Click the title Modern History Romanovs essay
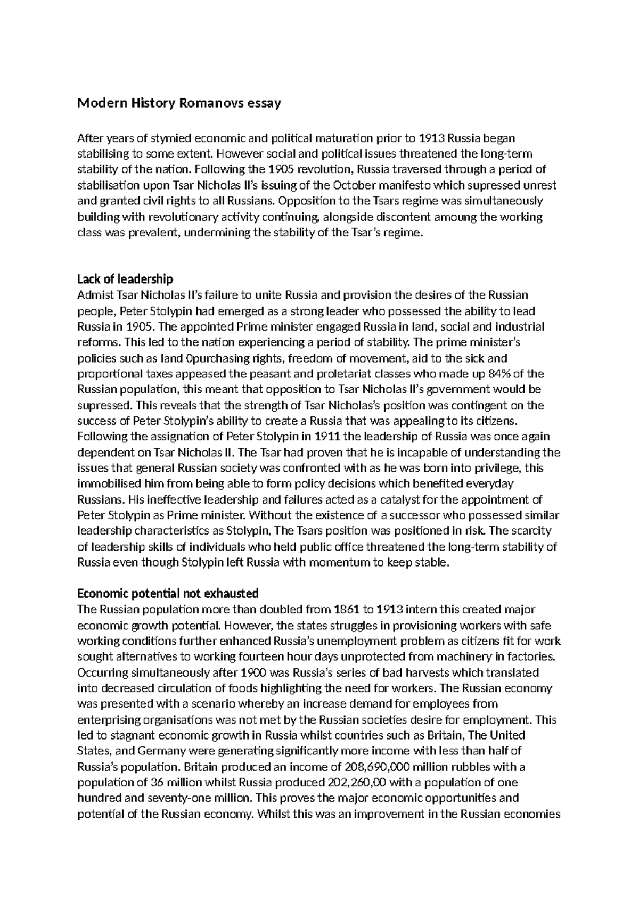179,103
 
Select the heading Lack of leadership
125,279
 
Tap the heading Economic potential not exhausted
168,593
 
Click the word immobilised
109,483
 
